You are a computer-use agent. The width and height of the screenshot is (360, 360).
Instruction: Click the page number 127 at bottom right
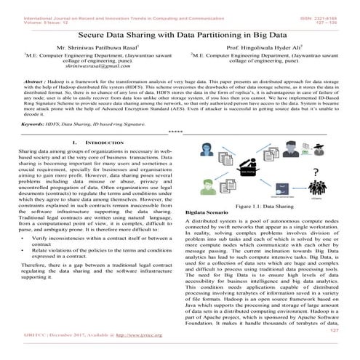(x=335, y=349)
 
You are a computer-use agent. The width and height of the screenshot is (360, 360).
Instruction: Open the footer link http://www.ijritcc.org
(x=120, y=355)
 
